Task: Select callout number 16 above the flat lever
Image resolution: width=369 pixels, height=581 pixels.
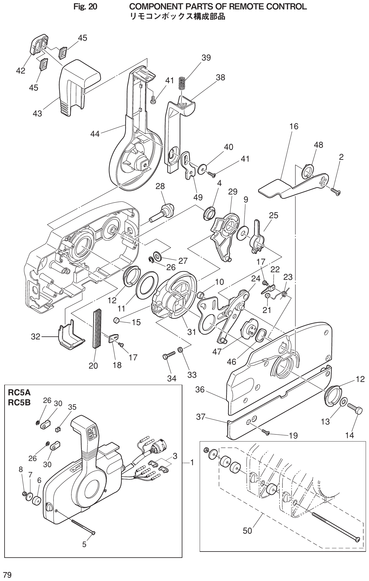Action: click(x=294, y=126)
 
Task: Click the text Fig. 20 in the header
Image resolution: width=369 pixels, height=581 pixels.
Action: click(x=85, y=6)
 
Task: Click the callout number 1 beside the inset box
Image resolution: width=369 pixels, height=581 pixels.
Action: click(x=192, y=462)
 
